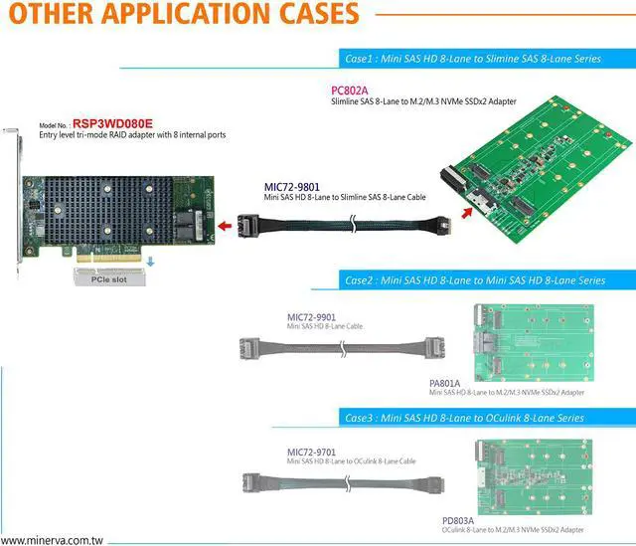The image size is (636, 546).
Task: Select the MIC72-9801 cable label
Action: (292, 186)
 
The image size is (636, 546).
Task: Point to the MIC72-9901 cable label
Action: (310, 317)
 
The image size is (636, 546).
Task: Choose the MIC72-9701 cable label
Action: (310, 452)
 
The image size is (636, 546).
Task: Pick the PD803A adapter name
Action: (457, 520)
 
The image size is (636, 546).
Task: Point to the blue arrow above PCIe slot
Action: (151, 262)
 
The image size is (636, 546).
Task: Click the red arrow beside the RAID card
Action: (228, 227)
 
